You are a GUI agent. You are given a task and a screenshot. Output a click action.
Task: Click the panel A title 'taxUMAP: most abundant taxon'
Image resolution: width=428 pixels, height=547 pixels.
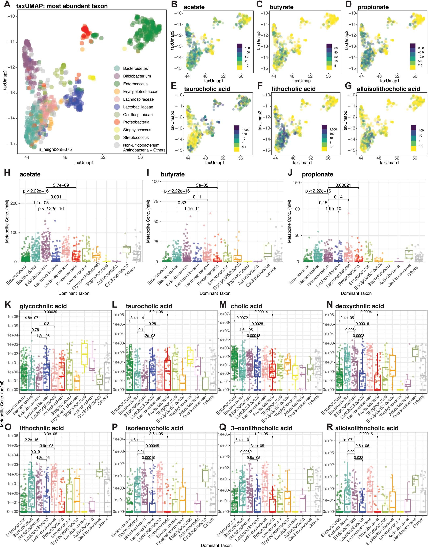(62, 6)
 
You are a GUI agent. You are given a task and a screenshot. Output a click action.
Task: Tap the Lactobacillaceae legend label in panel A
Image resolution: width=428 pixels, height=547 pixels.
(138, 107)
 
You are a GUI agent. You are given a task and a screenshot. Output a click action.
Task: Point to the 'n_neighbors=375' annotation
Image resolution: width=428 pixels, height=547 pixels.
(55, 149)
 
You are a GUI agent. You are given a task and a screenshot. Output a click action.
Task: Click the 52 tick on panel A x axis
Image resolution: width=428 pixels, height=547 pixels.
(103, 157)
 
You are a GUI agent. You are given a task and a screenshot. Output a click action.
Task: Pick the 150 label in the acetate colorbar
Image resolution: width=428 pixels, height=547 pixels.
(247, 48)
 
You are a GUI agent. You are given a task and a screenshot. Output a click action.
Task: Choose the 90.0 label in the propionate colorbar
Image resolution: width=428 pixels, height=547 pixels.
(421, 48)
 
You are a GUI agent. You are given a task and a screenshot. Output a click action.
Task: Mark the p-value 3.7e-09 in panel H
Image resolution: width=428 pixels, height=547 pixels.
(61, 185)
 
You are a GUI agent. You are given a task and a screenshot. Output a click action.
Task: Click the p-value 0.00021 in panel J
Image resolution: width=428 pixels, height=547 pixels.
(343, 185)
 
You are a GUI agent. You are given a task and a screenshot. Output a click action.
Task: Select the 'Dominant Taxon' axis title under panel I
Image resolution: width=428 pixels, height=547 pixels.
(215, 293)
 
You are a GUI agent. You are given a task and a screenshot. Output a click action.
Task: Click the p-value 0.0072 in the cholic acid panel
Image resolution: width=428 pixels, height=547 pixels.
(242, 318)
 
